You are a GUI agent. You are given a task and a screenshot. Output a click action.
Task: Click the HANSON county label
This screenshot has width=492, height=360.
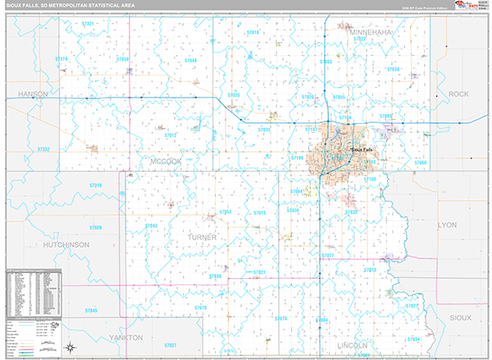click(34, 94)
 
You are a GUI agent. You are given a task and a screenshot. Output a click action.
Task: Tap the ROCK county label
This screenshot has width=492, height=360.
click(458, 94)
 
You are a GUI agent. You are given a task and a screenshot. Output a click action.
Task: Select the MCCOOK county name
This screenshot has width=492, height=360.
click(165, 162)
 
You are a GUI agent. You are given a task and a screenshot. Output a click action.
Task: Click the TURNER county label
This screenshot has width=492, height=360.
click(202, 237)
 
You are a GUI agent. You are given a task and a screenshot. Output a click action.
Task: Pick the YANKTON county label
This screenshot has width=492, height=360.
click(125, 337)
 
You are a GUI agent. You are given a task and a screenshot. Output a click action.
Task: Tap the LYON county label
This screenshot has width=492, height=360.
click(448, 224)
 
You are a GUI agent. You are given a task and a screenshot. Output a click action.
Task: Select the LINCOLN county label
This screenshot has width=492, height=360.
click(353, 345)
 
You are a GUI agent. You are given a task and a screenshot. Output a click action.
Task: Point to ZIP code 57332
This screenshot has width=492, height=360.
click(43, 149)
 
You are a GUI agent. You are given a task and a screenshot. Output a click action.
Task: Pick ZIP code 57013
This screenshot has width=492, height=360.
click(369, 269)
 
